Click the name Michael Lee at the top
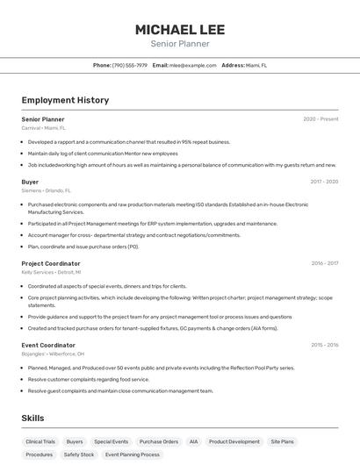179,29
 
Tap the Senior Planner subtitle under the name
179,44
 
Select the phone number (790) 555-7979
130,65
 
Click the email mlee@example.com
192,65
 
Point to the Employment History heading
65,100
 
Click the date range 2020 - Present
320,118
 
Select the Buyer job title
30,182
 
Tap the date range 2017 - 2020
324,182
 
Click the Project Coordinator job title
51,263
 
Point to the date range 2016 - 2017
325,263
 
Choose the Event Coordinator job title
48,345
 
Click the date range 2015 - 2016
325,345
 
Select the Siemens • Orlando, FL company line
47,190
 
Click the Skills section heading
32,418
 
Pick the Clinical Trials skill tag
40,442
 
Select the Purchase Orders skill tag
158,442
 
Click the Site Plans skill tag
282,442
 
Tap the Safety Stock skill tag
79,455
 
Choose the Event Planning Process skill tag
133,455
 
